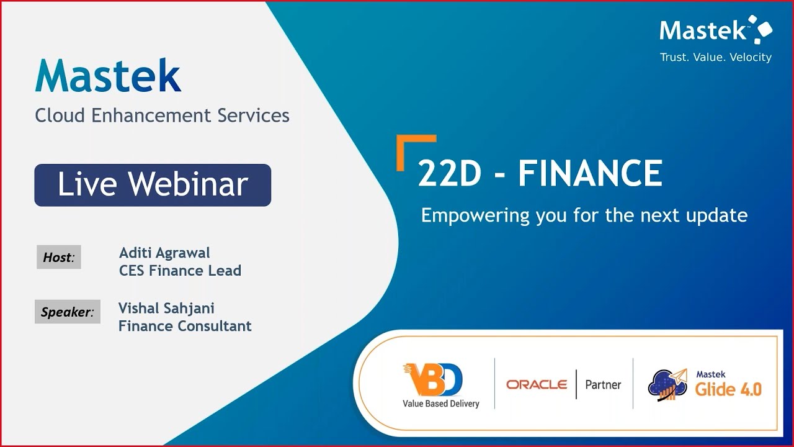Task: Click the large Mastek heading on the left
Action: click(x=108, y=77)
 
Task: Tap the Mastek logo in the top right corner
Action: click(x=715, y=30)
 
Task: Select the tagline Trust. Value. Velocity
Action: click(x=715, y=58)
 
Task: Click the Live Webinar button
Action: click(x=153, y=185)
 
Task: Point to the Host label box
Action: click(x=58, y=257)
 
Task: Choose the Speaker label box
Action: click(x=67, y=312)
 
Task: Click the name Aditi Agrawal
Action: click(x=164, y=253)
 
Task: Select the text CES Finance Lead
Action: click(x=180, y=271)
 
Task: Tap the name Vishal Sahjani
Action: click(x=166, y=308)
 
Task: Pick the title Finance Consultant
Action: click(x=185, y=326)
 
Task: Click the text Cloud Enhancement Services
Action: click(x=162, y=115)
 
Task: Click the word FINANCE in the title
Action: click(x=590, y=174)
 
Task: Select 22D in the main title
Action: click(x=450, y=174)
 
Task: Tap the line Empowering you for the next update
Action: click(x=584, y=215)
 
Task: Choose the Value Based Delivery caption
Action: click(x=440, y=404)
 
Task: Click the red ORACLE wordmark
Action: click(x=537, y=384)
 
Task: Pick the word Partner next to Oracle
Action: click(x=603, y=384)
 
